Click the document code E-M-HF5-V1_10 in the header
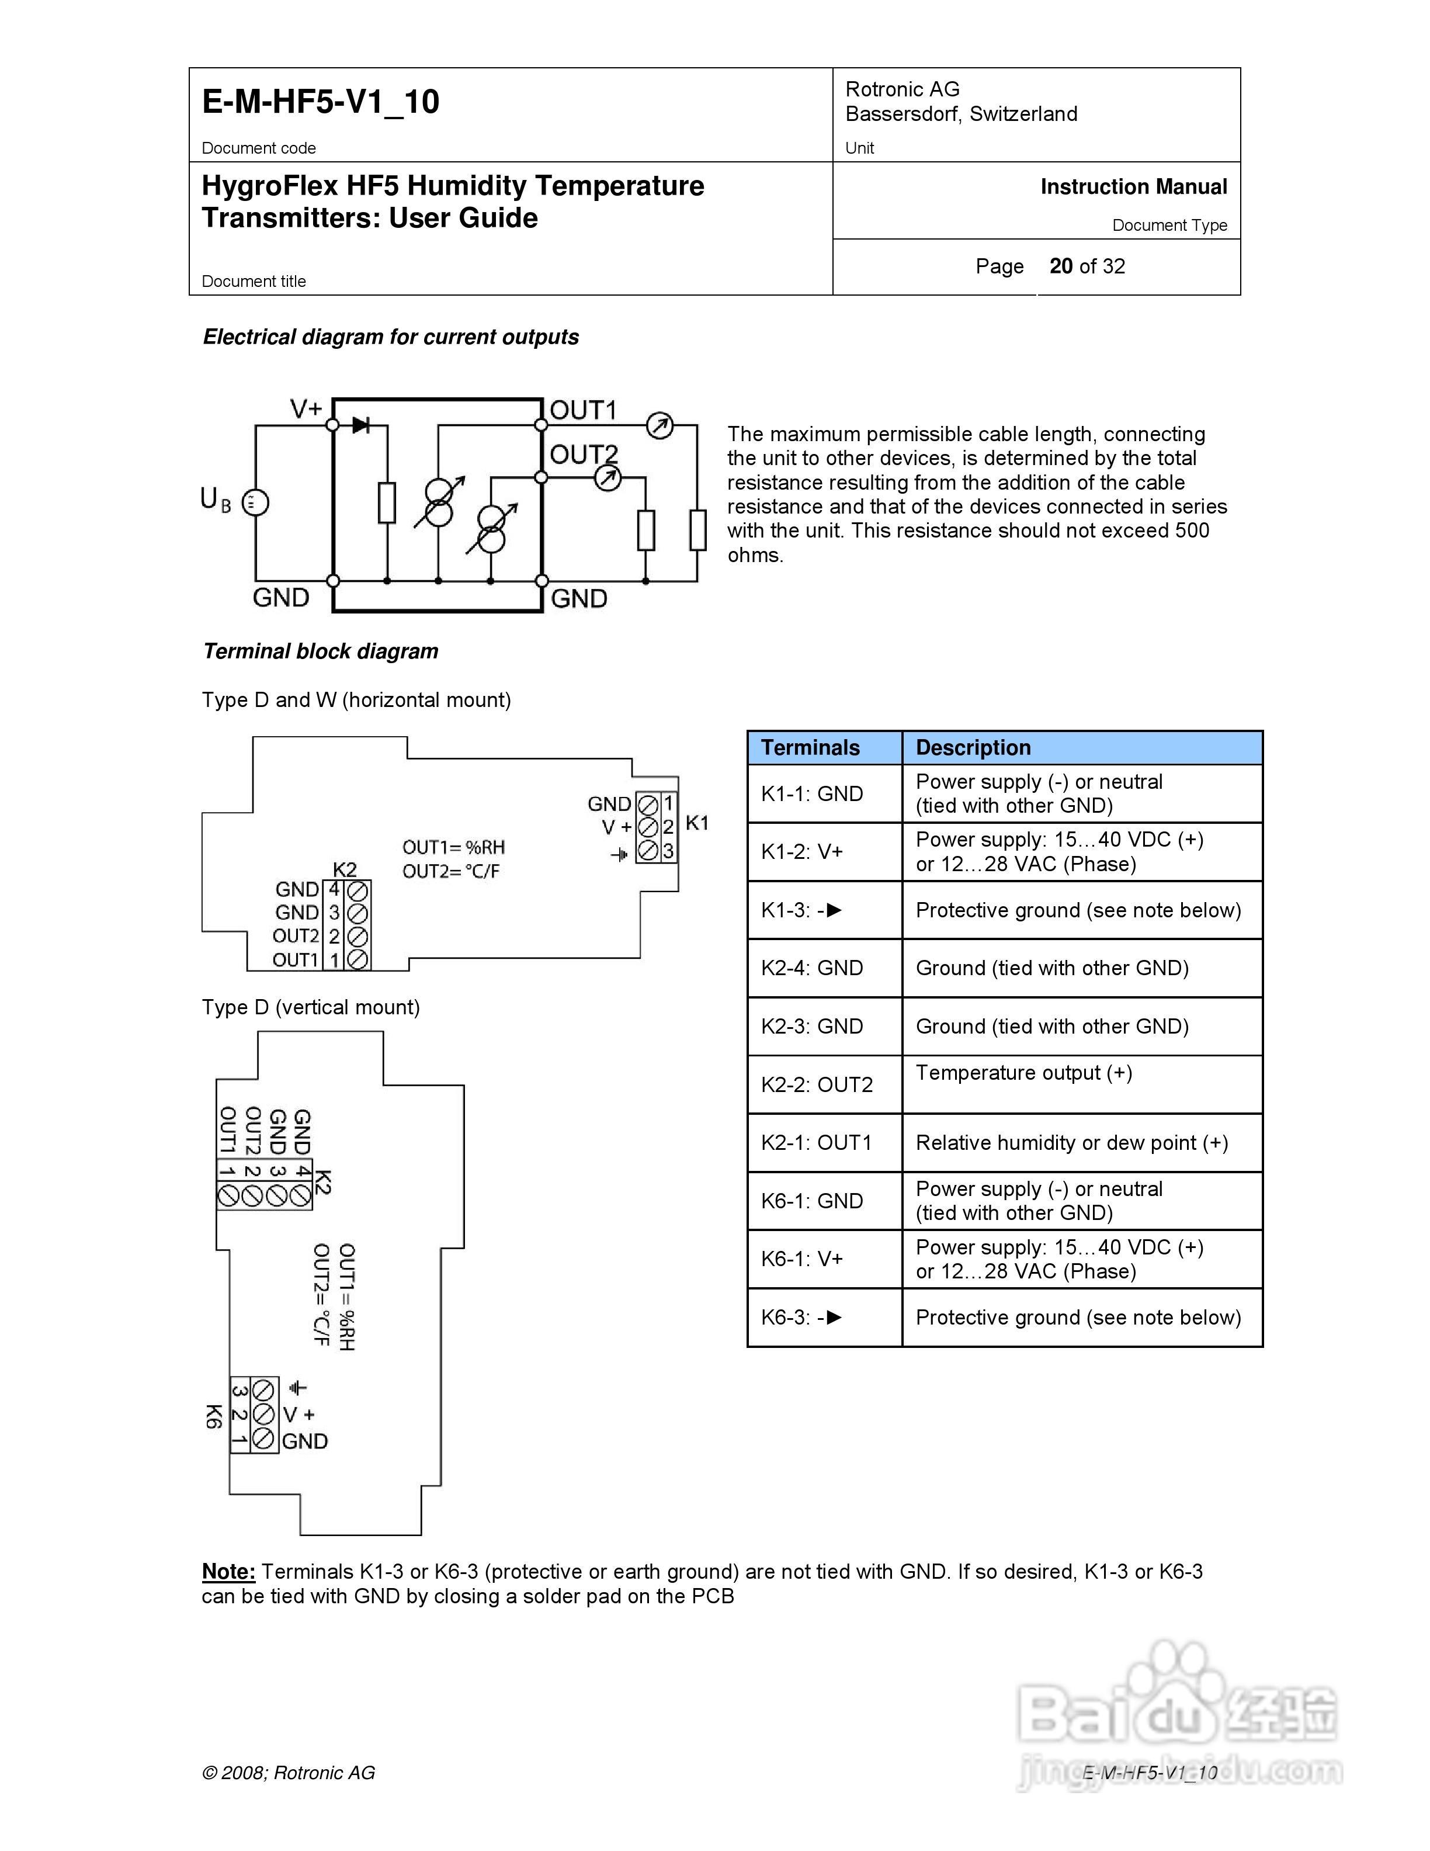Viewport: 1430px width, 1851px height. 320,102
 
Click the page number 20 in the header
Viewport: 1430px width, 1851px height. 1061,266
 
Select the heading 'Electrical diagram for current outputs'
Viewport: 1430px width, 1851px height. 391,337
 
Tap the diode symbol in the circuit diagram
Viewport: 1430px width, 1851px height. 362,425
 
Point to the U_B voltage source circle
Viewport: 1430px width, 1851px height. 255,502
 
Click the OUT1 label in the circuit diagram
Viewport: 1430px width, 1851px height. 583,410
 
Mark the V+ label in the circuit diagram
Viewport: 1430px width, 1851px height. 306,410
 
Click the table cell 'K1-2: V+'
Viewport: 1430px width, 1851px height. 801,852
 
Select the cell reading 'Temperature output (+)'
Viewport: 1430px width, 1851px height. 1023,1073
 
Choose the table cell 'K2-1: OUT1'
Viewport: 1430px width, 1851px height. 816,1142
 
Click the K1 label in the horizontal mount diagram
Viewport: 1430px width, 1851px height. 696,822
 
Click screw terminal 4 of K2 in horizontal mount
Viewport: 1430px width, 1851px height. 357,890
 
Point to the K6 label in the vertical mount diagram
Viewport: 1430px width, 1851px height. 213,1416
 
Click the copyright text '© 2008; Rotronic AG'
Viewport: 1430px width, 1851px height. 288,1773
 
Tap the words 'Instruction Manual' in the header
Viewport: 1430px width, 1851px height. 1133,188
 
